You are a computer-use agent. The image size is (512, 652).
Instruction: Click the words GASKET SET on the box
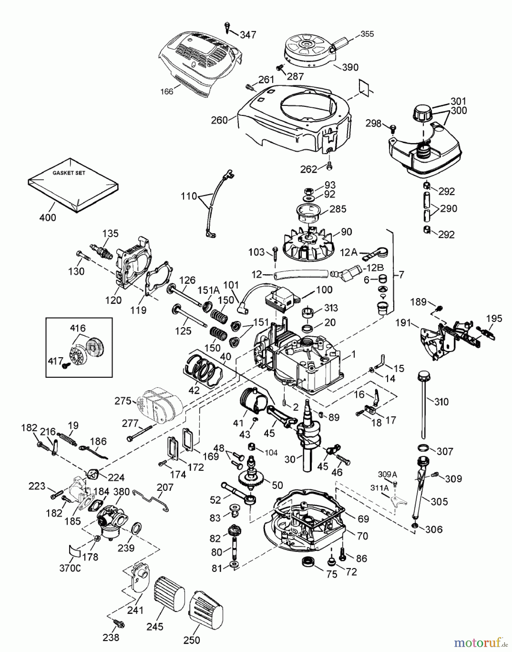click(69, 173)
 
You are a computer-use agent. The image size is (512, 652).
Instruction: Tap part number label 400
click(48, 217)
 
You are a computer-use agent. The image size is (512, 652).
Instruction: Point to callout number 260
click(219, 120)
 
